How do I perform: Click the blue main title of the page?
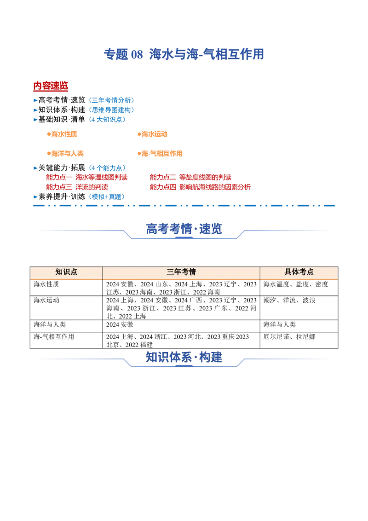pyautogui.click(x=184, y=55)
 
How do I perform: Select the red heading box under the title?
pyautogui.click(x=51, y=86)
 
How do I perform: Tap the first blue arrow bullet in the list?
pyautogui.click(x=35, y=99)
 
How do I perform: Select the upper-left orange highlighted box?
pyautogui.click(x=62, y=134)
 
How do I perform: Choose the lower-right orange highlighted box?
pyautogui.click(x=160, y=153)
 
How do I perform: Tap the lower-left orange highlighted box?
pyautogui.click(x=64, y=153)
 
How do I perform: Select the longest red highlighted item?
pyautogui.click(x=201, y=187)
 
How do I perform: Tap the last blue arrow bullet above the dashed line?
pyautogui.click(x=35, y=197)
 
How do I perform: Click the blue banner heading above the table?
pyautogui.click(x=184, y=229)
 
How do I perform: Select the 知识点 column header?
pyautogui.click(x=66, y=272)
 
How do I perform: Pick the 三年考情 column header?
pyautogui.click(x=181, y=272)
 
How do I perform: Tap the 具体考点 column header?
pyautogui.click(x=299, y=272)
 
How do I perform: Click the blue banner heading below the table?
pyautogui.click(x=184, y=357)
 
